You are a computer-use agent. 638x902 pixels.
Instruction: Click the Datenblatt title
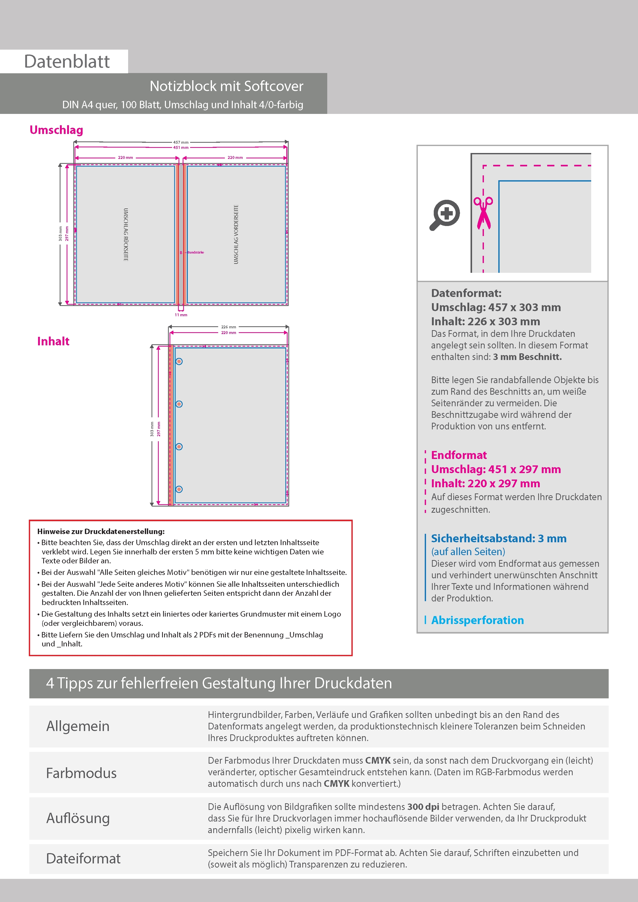(67, 62)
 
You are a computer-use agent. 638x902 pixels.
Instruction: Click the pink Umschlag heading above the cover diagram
(56, 130)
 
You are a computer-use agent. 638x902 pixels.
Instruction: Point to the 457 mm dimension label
(181, 142)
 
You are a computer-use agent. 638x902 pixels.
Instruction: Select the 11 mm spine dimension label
(181, 315)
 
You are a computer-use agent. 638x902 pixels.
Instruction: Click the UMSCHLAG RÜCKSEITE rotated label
(126, 234)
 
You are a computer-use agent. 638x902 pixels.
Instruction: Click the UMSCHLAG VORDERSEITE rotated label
(236, 234)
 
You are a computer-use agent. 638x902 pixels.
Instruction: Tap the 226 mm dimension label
(228, 327)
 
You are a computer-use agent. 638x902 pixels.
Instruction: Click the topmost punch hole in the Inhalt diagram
(179, 362)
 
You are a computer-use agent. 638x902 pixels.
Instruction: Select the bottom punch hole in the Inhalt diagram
(179, 489)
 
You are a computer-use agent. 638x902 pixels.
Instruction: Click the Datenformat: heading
(466, 293)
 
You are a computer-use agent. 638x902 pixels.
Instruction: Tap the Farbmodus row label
(81, 773)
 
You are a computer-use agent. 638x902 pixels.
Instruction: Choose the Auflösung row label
(78, 818)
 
